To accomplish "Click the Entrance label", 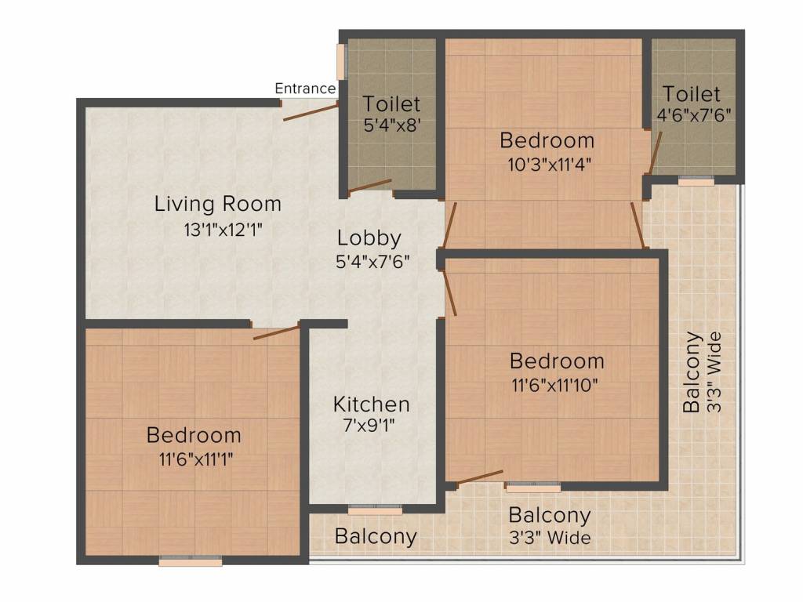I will [x=305, y=89].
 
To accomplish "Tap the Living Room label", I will [x=217, y=205].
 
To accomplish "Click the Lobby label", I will [x=369, y=238].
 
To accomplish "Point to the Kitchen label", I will [x=371, y=404].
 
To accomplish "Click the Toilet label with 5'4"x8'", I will [x=391, y=104].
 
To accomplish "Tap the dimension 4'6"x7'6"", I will [x=694, y=116].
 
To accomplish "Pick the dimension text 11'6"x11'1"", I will [x=194, y=459].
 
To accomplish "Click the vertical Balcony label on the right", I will [x=692, y=372].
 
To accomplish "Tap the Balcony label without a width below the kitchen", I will [x=375, y=537].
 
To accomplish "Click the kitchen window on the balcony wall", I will [x=375, y=510].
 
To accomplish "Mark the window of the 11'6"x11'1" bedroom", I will [x=190, y=560].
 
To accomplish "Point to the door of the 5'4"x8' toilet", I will [x=369, y=186].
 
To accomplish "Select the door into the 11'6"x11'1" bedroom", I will [x=276, y=332].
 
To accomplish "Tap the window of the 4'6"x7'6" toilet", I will [x=696, y=181].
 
